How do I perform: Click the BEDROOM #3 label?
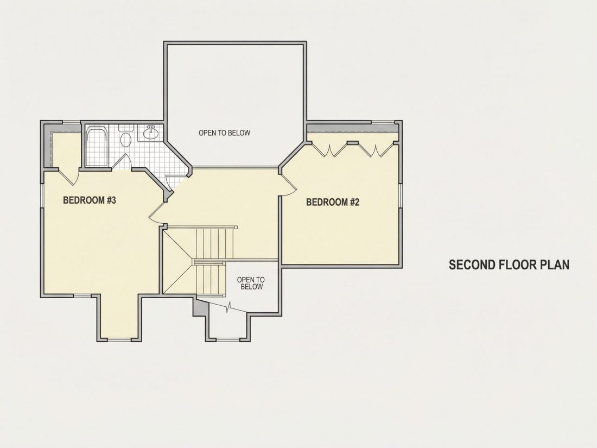point(89,200)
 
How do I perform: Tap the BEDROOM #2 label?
point(332,202)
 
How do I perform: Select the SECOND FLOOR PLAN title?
point(509,265)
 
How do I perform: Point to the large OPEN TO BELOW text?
point(224,133)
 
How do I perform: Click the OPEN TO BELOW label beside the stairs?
point(251,283)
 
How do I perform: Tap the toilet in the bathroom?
point(125,137)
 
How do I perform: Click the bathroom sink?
point(151,132)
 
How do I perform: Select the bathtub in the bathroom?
point(97,146)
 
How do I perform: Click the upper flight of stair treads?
point(214,243)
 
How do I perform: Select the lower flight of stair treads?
point(209,278)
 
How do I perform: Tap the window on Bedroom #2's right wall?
point(401,196)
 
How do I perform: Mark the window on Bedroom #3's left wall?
point(42,195)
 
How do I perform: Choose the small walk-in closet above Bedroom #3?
point(66,150)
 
